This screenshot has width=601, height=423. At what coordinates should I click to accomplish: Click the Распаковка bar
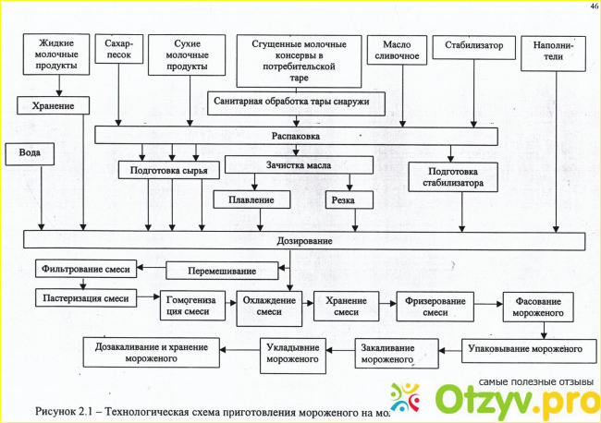296,135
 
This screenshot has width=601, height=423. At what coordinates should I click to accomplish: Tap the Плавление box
251,199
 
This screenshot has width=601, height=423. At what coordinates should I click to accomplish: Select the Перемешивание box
223,271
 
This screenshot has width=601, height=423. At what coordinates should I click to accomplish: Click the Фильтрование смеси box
87,270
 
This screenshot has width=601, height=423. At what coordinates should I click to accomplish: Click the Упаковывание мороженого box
527,349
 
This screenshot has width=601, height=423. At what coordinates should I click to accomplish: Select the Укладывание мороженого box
292,354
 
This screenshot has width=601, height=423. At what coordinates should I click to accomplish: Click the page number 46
592,6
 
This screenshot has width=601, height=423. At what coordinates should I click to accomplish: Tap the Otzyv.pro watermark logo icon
408,398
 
